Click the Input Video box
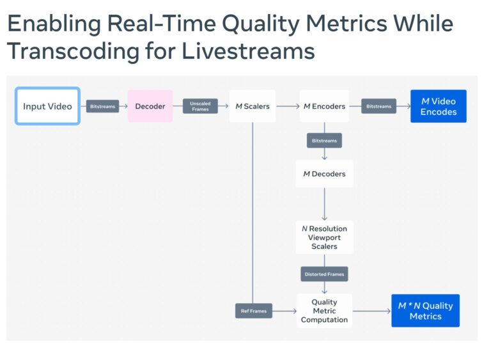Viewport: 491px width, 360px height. click(47, 106)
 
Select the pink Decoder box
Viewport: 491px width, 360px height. click(150, 106)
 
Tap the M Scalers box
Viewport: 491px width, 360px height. click(253, 106)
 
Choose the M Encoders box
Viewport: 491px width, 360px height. click(324, 106)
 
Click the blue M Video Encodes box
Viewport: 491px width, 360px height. click(438, 106)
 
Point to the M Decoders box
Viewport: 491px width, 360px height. click(324, 174)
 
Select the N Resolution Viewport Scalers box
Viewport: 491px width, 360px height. click(324, 237)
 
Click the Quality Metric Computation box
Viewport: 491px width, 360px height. click(324, 311)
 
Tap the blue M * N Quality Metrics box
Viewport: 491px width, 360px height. click(425, 311)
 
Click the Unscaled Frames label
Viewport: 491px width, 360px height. click(200, 106)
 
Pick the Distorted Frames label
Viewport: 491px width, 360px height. click(324, 274)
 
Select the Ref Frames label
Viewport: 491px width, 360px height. click(254, 311)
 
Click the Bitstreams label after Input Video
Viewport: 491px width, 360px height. click(103, 106)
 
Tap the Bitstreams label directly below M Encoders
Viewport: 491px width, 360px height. click(324, 140)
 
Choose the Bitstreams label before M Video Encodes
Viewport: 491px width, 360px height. click(378, 106)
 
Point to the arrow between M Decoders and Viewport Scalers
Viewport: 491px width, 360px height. click(324, 204)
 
